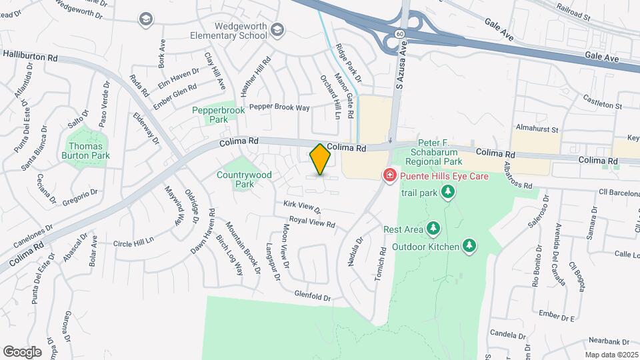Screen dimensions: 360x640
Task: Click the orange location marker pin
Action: pos(321,159)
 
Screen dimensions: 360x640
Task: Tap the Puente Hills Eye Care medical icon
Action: pos(388,175)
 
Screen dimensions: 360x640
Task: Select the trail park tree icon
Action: pos(449,193)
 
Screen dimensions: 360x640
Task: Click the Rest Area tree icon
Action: pos(433,229)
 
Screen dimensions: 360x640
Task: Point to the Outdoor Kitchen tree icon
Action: pos(470,247)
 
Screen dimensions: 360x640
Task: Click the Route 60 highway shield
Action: pos(399,33)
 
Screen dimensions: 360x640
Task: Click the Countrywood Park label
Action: pos(245,179)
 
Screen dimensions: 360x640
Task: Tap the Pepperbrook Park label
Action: pos(210,115)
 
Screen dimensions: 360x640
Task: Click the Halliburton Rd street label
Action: pos(29,57)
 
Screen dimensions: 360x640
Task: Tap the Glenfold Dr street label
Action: pos(313,295)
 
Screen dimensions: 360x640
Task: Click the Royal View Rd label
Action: pos(312,223)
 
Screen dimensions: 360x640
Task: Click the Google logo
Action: pos(22,351)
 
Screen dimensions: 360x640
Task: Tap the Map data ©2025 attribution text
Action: pos(611,355)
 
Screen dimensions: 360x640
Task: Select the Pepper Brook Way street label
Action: pos(280,107)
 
